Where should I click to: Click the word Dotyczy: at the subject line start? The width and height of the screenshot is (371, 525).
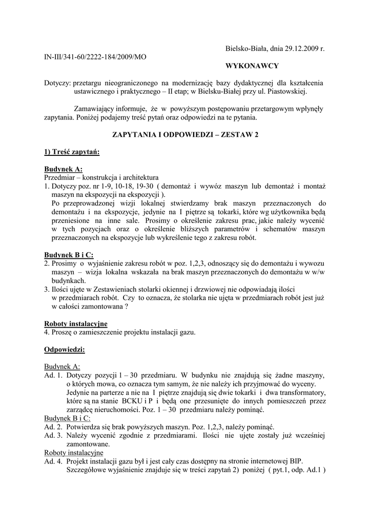[57, 83]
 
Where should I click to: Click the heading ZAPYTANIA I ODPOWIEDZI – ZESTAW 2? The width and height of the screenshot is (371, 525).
[185, 134]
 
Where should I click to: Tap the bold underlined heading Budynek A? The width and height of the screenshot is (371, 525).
[63, 169]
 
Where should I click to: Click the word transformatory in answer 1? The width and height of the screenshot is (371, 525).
[298, 392]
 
